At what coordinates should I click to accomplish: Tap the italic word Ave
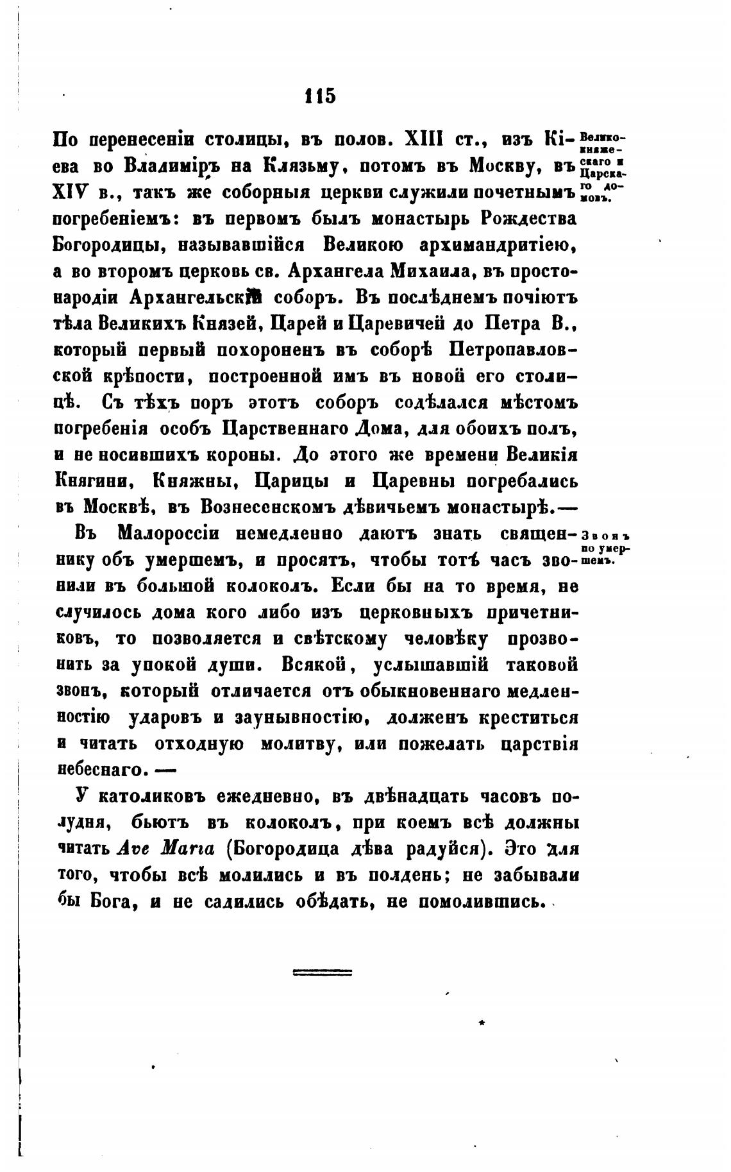coord(133,849)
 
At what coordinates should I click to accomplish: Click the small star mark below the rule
coord(482,1021)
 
